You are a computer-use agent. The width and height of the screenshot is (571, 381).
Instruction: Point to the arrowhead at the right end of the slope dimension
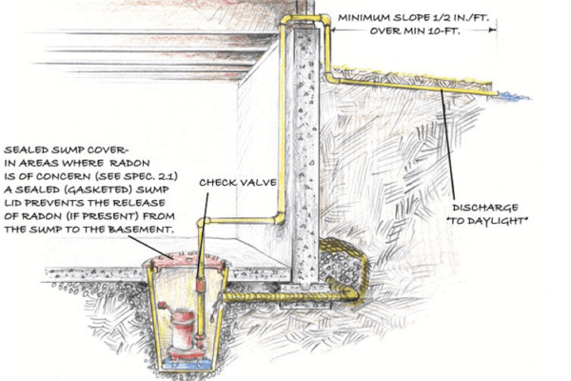point(492,29)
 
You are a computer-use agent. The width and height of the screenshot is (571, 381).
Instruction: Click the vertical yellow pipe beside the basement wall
point(283,124)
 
